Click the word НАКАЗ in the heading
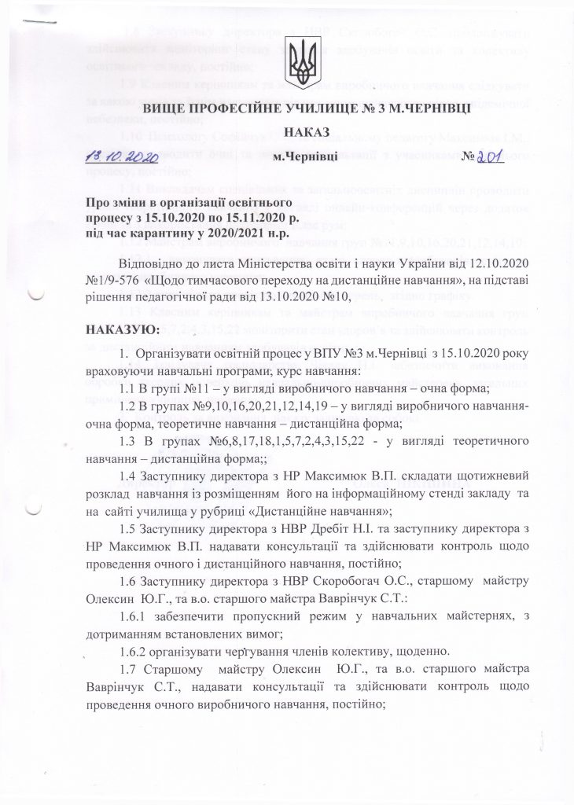point(302,132)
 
